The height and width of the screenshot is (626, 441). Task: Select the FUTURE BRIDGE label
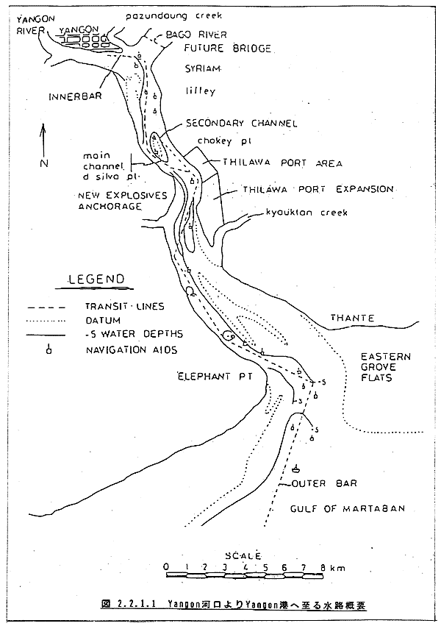(218, 49)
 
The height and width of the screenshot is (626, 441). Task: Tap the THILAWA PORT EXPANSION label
(318, 189)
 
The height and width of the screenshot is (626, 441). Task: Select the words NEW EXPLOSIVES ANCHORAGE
(122, 201)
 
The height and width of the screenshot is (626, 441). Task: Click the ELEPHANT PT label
(209, 377)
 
